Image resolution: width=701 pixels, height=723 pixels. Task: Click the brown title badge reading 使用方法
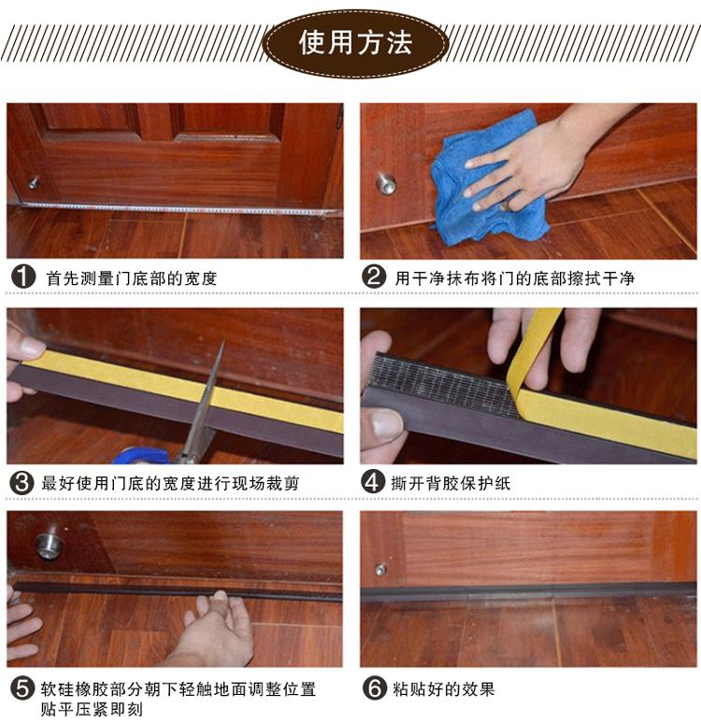click(x=355, y=43)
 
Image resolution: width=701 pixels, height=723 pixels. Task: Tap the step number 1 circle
click(x=23, y=277)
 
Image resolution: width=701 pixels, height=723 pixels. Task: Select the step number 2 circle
click(x=374, y=277)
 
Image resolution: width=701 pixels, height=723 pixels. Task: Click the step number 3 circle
click(x=21, y=483)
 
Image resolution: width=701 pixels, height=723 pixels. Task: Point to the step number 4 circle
click(x=373, y=482)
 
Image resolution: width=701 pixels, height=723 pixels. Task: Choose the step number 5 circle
click(x=22, y=688)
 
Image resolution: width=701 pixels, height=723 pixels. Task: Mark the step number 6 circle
click(x=374, y=688)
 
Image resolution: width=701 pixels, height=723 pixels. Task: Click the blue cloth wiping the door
click(x=484, y=184)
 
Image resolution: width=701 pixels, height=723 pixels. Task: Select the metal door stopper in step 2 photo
click(x=385, y=183)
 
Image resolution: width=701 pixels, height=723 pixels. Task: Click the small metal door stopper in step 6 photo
click(x=379, y=570)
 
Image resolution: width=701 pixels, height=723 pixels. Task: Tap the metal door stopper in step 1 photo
click(x=34, y=182)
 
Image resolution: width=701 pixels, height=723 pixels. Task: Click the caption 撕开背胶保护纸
click(x=451, y=483)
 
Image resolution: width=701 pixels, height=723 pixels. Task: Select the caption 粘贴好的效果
click(x=443, y=689)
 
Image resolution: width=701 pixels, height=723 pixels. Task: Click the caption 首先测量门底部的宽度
click(x=131, y=278)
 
